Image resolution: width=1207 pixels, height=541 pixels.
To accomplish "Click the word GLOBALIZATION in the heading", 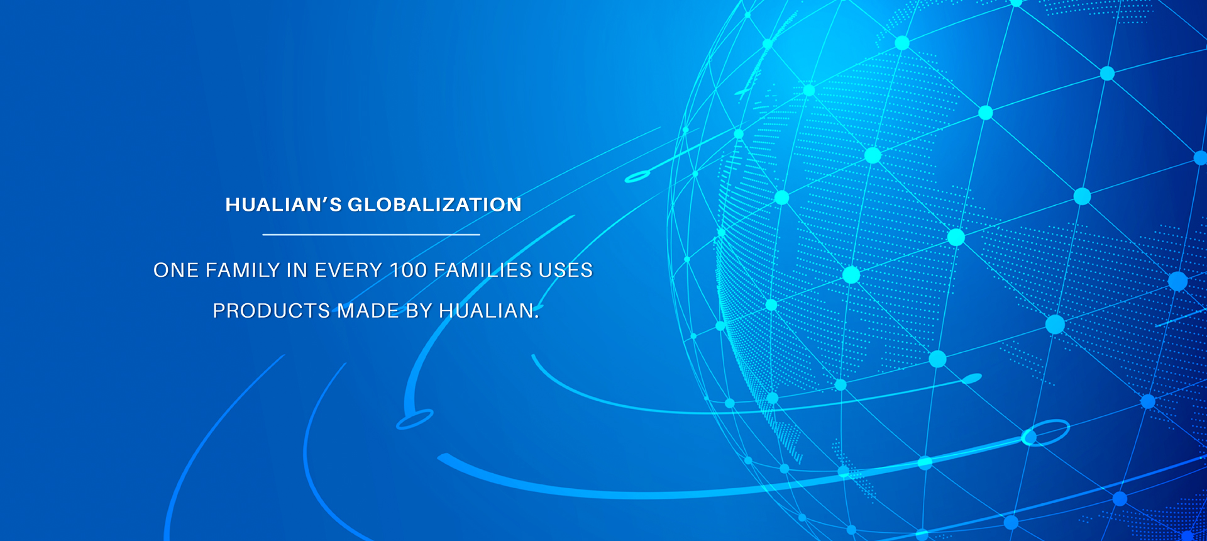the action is tap(434, 204).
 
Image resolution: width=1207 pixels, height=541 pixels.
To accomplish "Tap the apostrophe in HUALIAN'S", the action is tap(325, 199).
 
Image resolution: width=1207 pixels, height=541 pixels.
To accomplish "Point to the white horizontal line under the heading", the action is tap(371, 235).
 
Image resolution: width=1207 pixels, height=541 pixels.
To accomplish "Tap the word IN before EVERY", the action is tap(297, 270).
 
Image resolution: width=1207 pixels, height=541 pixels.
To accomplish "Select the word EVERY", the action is tap(348, 270).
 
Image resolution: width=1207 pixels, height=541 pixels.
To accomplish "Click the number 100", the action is tap(409, 270).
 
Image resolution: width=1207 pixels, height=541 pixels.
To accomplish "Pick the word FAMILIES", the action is tap(483, 270).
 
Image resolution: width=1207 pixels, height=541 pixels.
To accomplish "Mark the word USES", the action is tap(566, 270).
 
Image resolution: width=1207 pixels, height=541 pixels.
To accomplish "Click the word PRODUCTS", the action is tap(272, 311).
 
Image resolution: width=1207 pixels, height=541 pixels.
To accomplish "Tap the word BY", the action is tap(419, 311).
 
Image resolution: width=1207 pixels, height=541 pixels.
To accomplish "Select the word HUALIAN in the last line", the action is tap(486, 311).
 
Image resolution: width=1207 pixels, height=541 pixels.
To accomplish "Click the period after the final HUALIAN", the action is tap(537, 317).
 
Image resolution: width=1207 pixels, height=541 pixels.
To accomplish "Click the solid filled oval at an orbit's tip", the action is tap(972, 378).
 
